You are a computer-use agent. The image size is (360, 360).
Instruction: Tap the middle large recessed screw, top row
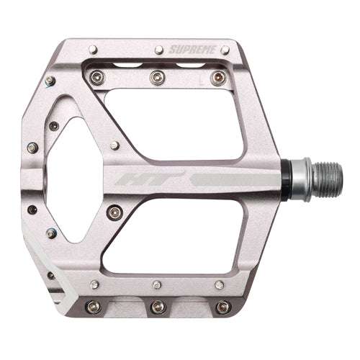pyautogui.click(x=153, y=76)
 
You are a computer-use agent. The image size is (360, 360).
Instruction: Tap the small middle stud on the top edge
pyautogui.click(x=157, y=50)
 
